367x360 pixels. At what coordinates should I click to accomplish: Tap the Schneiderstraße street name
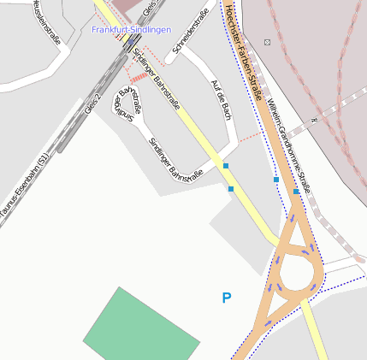pos(190,38)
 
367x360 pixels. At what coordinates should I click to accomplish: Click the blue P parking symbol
pos(227,298)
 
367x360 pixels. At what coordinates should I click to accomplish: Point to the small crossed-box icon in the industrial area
pos(268,42)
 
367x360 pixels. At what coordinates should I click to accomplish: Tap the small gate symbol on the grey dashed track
pos(315,121)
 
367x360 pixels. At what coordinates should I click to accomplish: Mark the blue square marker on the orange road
pos(296,192)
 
